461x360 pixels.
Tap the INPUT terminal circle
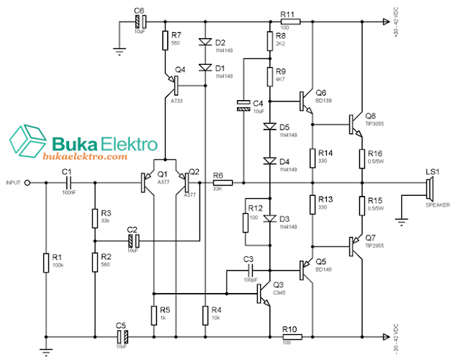pyautogui.click(x=27, y=184)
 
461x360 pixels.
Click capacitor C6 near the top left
pyautogui.click(x=140, y=22)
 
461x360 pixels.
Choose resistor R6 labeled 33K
pyautogui.click(x=221, y=184)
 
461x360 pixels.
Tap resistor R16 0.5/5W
pyautogui.click(x=363, y=158)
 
